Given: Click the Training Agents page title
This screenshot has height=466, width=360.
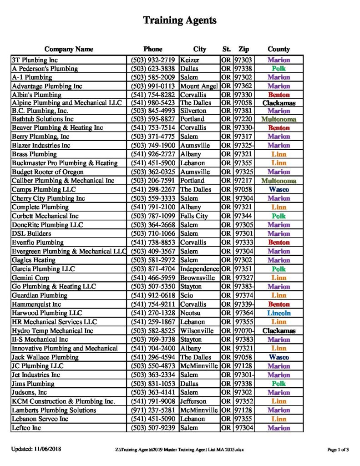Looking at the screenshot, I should coord(180,20).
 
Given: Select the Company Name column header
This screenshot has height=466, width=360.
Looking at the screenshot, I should coord(69,49).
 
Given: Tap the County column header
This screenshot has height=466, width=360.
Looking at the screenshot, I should coord(279,49).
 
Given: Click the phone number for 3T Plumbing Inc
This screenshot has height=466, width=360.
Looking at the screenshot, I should coord(152,60).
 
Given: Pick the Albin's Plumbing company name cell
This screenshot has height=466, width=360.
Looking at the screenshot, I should coord(36,95).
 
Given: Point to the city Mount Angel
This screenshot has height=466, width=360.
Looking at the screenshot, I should coord(199,86).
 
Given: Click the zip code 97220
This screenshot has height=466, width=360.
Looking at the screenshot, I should coord(243,119).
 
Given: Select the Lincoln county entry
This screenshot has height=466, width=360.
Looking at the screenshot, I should coord(279,313).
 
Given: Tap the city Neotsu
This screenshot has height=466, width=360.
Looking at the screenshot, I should coord(191,313).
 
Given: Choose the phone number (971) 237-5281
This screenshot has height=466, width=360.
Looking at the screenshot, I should coord(152,410).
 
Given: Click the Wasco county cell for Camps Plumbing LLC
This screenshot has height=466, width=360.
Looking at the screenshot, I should coord(279,190).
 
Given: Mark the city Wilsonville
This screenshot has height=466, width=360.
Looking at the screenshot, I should coord(197,331).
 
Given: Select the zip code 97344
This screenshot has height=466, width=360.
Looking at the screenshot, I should coord(243,216).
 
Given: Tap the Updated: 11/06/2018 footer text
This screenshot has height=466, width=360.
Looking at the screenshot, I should coord(36,450).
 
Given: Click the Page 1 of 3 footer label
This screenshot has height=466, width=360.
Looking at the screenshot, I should coord(338,450).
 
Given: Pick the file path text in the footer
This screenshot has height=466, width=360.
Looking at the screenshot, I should coord(179,450).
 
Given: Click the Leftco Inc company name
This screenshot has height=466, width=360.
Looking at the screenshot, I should coord(28,428).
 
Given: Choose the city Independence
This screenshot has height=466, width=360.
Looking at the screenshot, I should coord(199,269).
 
